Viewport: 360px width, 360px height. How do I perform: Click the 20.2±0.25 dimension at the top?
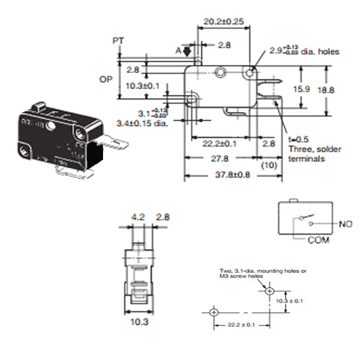[223, 21]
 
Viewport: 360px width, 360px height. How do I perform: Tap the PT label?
[118, 40]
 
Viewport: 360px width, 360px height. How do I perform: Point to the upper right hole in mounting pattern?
[270, 291]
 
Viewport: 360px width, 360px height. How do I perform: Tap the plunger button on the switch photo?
[40, 108]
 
